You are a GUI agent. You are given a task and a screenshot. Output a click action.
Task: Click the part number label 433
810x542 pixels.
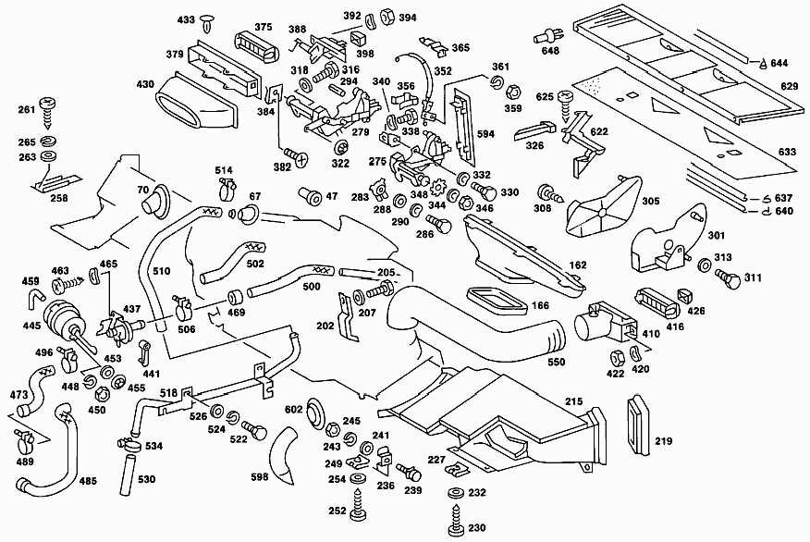click(x=186, y=19)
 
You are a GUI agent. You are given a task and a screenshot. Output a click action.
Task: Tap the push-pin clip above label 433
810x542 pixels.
click(x=207, y=22)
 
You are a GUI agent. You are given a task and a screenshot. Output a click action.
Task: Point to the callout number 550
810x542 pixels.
click(x=557, y=362)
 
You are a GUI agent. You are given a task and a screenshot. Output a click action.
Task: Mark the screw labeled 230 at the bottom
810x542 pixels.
click(x=457, y=521)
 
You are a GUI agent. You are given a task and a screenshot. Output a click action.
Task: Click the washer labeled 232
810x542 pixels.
click(x=456, y=493)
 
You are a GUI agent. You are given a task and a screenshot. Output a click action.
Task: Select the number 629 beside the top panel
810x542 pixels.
click(x=790, y=86)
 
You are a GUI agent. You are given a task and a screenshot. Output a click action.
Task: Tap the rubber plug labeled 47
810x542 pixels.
click(x=311, y=196)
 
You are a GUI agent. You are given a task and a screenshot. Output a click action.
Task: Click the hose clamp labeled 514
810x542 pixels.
click(x=227, y=190)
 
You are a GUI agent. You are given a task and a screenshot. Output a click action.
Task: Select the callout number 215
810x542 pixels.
click(x=573, y=401)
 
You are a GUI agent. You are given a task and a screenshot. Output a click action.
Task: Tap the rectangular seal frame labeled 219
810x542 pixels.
click(x=639, y=425)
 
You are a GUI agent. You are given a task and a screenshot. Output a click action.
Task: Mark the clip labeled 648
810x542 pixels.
click(x=546, y=36)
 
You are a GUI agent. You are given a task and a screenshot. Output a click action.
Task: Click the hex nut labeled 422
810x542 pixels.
click(x=617, y=358)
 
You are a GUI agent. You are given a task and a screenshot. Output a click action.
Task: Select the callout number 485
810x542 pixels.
click(x=88, y=481)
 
